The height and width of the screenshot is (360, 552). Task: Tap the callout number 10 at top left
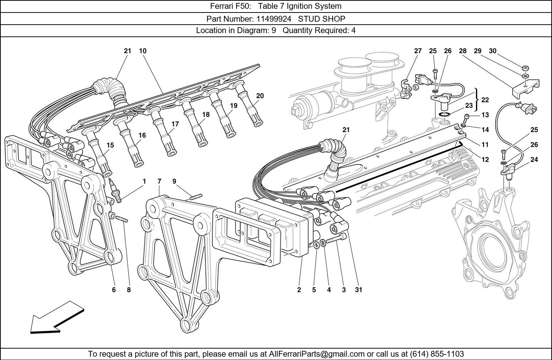[x=143, y=51]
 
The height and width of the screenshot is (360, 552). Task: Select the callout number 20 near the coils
[x=260, y=96]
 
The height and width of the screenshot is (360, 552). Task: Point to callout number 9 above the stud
[x=174, y=181]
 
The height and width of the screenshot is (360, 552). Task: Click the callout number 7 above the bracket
[x=159, y=181]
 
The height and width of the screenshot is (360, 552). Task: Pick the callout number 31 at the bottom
[x=358, y=290]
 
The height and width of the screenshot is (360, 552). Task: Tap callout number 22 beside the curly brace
[x=485, y=100]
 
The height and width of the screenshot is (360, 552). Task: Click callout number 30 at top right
[x=492, y=51]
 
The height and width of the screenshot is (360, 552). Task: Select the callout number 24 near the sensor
[x=534, y=160]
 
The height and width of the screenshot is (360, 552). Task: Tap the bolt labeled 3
[x=336, y=239]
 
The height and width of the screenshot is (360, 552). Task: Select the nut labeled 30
[x=526, y=68]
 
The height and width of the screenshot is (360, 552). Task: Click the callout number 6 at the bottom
[x=114, y=290]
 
